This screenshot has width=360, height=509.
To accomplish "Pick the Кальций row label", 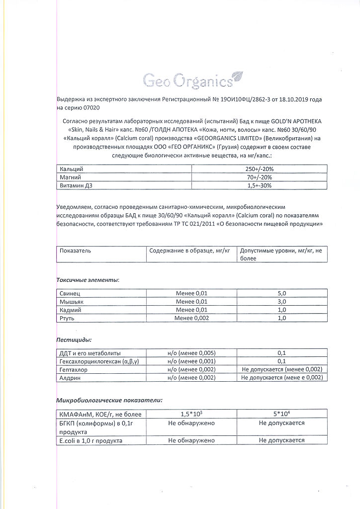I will tap(71, 169).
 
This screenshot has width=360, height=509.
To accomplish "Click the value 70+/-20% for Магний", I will tap(260, 177).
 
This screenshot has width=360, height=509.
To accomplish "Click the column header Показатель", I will tap(76, 251).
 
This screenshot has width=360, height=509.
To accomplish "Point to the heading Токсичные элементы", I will tap(88, 280).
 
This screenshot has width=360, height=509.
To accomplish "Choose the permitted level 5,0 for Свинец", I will tap(282, 293).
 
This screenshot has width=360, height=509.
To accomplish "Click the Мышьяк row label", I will tap(71, 302).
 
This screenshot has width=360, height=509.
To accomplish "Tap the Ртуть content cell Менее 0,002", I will tap(192, 318).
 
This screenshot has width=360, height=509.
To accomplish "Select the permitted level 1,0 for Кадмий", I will tap(282, 310).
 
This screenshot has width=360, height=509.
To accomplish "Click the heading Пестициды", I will tap(74, 340).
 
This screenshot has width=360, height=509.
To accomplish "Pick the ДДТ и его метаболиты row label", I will tap(90, 353).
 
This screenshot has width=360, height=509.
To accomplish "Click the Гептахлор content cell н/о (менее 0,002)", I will tap(192, 369).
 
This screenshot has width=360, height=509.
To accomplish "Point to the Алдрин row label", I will tap(70, 378).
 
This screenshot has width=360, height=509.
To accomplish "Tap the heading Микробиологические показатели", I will tap(109, 400).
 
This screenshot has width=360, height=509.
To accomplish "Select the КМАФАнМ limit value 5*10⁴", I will tap(282, 414).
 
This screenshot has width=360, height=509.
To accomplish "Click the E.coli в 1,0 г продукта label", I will tap(90, 440).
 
